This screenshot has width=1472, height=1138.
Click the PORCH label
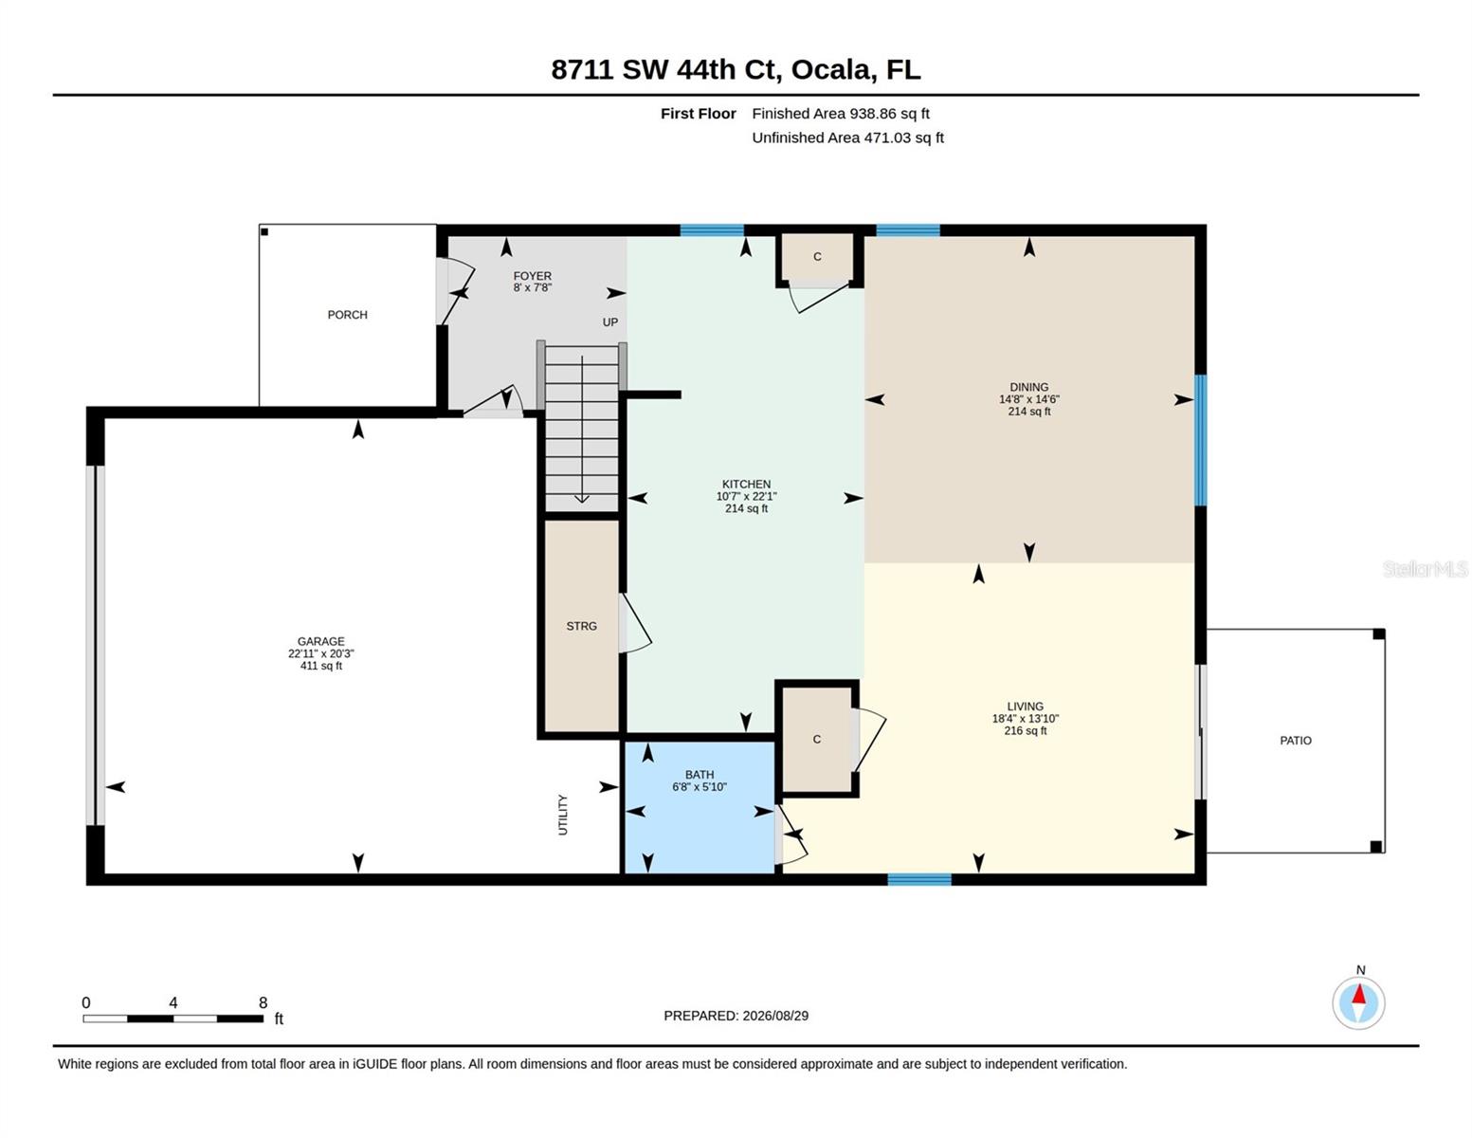[x=347, y=315]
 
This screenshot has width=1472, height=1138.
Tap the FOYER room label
[x=532, y=276]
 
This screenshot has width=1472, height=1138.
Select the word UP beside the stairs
[x=609, y=321]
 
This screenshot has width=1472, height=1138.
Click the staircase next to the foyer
[x=581, y=427]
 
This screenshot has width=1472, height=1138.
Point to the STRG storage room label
[x=581, y=626]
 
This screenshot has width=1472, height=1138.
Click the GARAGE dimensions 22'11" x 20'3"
[x=320, y=653]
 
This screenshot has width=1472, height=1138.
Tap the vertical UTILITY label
[x=562, y=815]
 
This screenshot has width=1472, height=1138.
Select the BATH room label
[x=700, y=774]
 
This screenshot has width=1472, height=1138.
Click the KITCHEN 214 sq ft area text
[x=746, y=508]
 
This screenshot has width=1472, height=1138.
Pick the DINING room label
[x=1028, y=387]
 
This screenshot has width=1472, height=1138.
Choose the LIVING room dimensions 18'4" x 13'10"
[x=1025, y=719]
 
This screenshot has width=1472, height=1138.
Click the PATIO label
[x=1295, y=741]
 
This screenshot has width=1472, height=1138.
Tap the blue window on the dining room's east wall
[x=1200, y=440]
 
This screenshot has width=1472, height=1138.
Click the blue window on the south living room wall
[x=918, y=879]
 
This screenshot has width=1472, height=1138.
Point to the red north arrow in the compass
[x=1358, y=994]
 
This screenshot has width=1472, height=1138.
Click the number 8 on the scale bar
[x=263, y=1002]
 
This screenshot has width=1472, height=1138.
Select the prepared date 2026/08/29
[x=775, y=1016]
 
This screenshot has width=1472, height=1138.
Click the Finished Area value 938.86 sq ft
[x=889, y=113]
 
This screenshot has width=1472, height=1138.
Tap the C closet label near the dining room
[x=817, y=256]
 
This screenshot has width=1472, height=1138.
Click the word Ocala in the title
[x=832, y=70]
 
